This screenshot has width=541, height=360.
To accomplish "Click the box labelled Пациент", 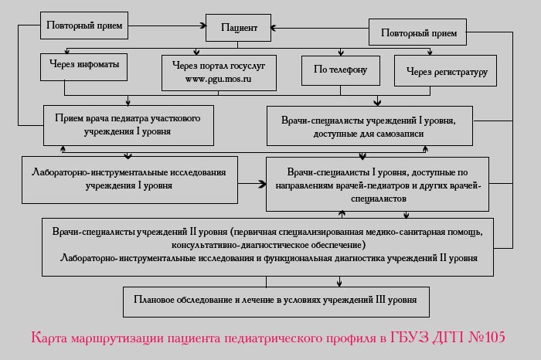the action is click(x=238, y=28).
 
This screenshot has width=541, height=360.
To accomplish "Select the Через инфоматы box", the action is click(x=83, y=67).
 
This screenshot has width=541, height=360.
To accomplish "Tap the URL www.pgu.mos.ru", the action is click(x=219, y=79).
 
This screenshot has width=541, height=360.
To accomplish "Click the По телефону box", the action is click(x=341, y=70).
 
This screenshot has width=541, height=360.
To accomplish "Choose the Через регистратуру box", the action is click(x=445, y=70).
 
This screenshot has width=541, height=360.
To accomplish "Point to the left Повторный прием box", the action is click(x=84, y=25).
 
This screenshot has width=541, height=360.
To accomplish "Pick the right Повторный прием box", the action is click(x=417, y=32).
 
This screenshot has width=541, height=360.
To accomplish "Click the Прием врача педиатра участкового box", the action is click(x=128, y=125).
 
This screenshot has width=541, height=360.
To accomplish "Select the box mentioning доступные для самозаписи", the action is click(x=369, y=126).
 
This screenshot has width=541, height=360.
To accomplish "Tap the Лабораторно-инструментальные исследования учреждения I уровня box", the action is click(x=130, y=180).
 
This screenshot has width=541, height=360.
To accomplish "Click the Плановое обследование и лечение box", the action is click(x=276, y=302).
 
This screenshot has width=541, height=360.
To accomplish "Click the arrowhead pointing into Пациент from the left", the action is click(x=202, y=25).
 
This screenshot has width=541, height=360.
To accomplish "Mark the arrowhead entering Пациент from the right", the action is click(x=274, y=28).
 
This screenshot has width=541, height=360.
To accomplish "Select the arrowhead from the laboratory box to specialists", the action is click(x=262, y=184).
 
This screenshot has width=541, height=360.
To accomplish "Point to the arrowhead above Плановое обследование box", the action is click(x=339, y=283).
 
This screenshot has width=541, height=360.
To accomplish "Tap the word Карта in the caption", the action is click(x=49, y=338).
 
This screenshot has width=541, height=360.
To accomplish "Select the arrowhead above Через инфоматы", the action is click(x=67, y=52).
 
